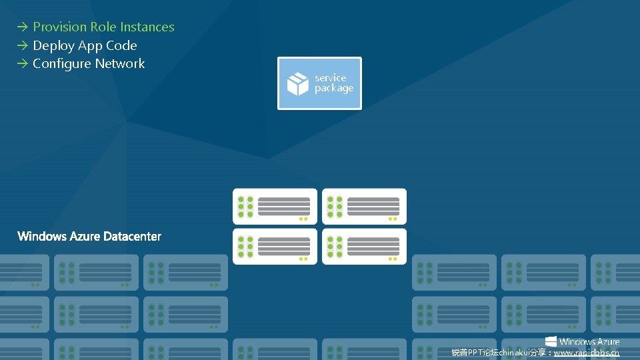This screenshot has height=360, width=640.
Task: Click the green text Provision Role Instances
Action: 103,27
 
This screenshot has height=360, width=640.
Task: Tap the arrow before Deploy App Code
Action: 23,46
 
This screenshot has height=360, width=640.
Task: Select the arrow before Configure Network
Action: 23,64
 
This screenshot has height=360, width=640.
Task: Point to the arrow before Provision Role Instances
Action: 23,27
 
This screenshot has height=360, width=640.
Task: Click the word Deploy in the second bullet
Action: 53,46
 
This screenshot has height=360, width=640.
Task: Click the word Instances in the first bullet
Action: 147,27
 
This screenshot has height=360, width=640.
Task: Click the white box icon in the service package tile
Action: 297,84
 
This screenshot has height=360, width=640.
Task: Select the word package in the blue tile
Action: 334,89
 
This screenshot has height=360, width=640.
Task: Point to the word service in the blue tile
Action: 331,78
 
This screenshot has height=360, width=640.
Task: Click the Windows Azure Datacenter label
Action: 89,237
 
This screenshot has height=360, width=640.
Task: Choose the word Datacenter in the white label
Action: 133,237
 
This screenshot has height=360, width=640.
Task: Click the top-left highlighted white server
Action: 275,206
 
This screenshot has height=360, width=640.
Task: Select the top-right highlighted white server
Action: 364,206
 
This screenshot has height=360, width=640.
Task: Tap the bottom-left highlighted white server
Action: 275,247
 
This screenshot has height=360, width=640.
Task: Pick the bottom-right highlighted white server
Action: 364,247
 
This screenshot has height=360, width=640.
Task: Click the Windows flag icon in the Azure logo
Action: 551,341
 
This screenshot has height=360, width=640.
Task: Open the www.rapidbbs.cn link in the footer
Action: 586,353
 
